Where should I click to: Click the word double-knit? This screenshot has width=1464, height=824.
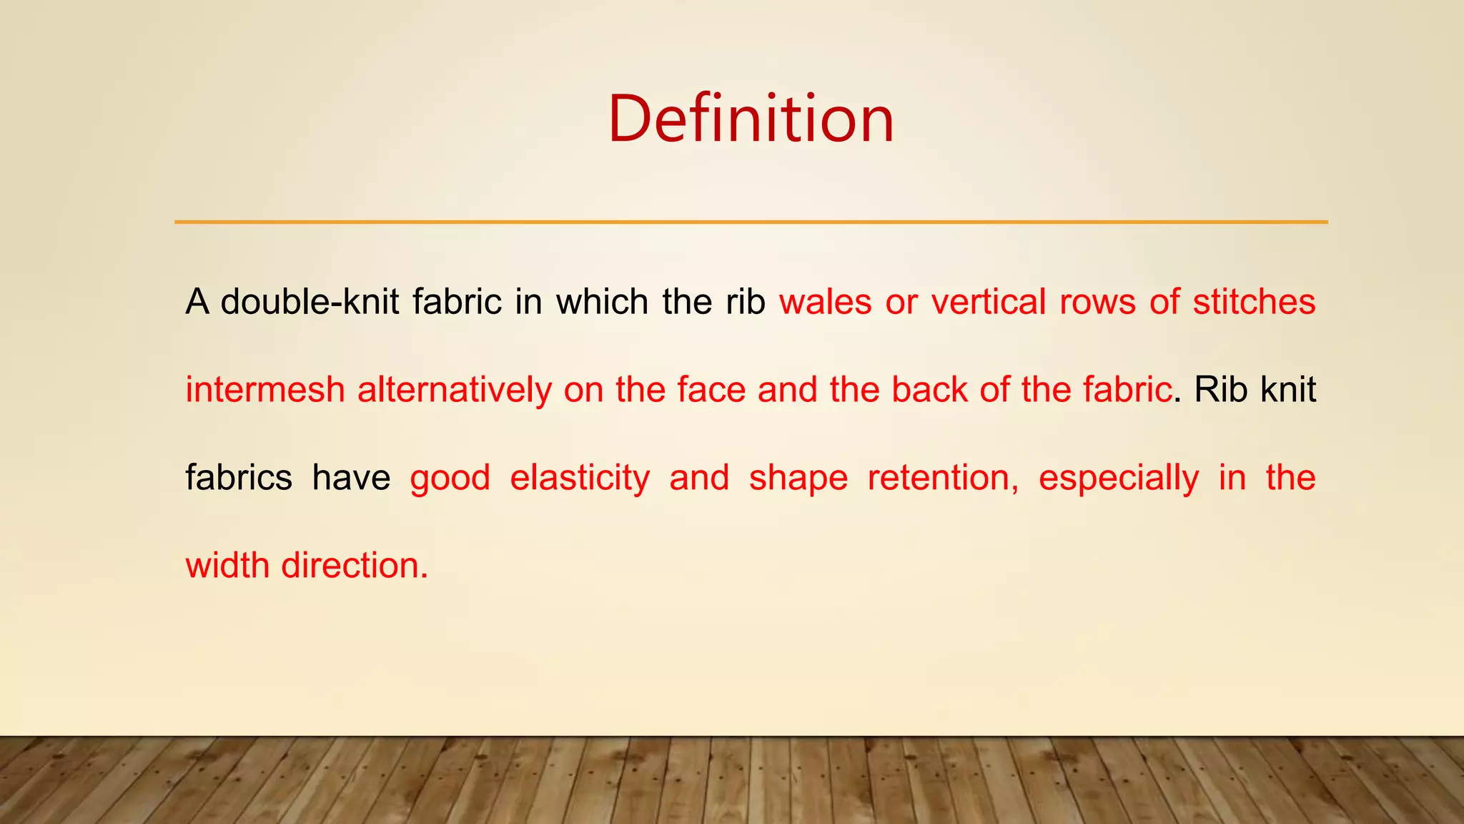click(310, 301)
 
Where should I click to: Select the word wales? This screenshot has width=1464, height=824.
click(825, 301)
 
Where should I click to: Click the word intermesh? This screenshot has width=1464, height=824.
click(265, 390)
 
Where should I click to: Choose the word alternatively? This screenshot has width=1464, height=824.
click(454, 390)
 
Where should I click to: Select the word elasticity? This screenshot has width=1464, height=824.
click(580, 478)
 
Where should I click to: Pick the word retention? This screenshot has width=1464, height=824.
click(942, 478)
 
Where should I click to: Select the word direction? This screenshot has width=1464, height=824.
click(354, 566)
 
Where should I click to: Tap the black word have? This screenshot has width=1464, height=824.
click(351, 478)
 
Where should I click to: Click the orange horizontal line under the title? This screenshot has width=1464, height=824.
click(751, 222)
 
